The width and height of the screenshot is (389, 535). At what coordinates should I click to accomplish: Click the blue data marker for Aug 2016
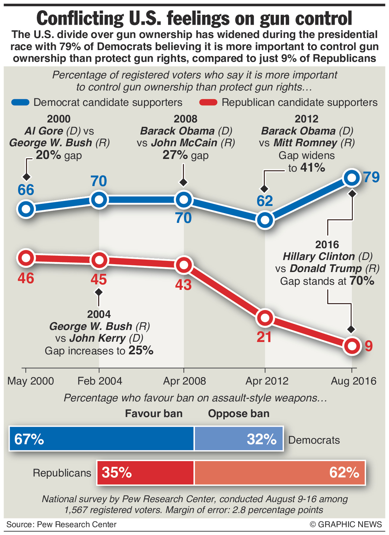pos(352,178)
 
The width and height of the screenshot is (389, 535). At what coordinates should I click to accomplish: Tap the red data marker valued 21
pos(265,318)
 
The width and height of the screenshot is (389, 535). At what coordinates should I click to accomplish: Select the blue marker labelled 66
pos(26,209)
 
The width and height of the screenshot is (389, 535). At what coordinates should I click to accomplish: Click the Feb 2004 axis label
pos(100,381)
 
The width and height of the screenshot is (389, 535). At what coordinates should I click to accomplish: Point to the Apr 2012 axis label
pos(267,381)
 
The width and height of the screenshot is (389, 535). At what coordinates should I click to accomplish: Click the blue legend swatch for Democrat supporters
pos(20,102)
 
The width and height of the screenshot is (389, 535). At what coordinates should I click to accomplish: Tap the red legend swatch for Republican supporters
pos(208,102)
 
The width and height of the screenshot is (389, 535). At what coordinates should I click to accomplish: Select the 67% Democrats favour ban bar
pos(101,438)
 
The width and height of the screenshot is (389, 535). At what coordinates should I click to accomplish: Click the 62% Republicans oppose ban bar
pos(280,473)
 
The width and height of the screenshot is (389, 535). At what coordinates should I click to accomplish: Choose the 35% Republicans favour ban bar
pos(145,473)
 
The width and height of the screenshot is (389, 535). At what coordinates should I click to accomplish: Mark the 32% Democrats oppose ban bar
pos(239,438)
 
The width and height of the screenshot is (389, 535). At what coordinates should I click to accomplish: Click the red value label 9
pos(368,346)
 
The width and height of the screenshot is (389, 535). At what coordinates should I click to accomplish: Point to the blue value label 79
pos(371,177)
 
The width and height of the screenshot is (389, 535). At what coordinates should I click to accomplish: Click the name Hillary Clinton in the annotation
pos(319,257)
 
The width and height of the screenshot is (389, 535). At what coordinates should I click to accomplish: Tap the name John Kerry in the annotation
pos(97,338)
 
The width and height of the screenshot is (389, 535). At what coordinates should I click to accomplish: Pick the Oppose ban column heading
pos(238,413)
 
